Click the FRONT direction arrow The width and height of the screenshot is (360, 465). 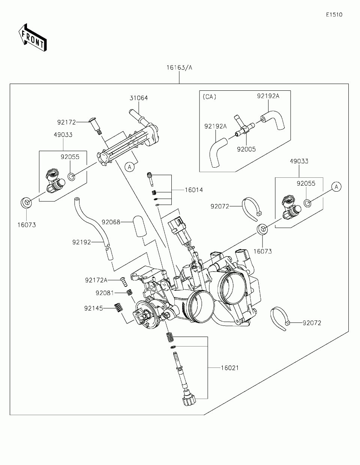33,37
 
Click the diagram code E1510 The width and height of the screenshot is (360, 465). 334,15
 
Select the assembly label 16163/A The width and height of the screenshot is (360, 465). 179,67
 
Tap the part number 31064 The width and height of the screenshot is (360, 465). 139,98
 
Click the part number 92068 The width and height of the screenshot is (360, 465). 111,222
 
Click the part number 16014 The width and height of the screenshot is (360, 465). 194,190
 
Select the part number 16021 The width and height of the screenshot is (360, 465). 230,368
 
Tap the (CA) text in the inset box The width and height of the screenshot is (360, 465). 209,97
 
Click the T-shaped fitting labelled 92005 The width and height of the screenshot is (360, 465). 244,127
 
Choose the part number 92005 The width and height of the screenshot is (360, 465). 246,149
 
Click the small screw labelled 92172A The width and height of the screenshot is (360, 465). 124,281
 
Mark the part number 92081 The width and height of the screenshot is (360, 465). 105,293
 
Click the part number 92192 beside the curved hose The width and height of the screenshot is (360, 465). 81,242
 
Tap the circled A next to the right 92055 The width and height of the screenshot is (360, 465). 336,187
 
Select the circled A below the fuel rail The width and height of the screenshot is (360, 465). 130,167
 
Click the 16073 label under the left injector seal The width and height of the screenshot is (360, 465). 27,225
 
